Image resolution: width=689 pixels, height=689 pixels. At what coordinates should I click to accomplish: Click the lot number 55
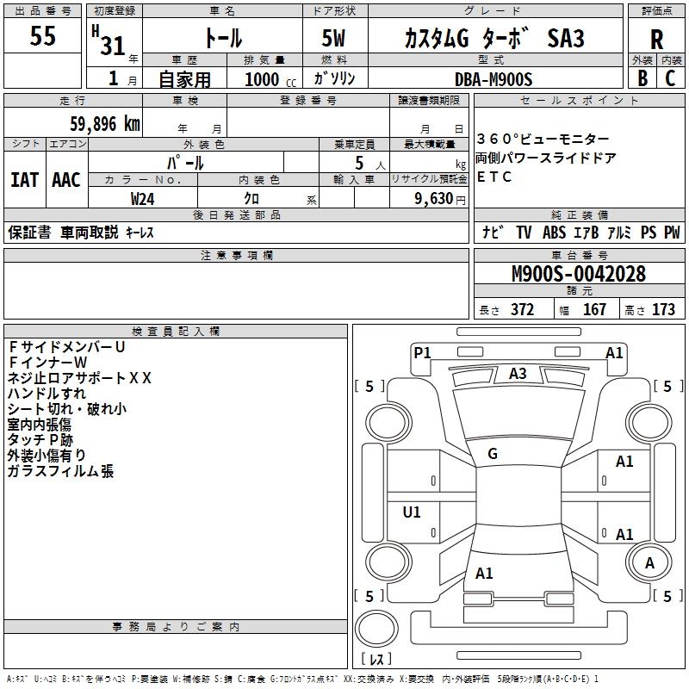pyautogui.click(x=42, y=35)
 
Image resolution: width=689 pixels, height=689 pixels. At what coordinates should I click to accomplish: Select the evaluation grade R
pyautogui.click(x=656, y=40)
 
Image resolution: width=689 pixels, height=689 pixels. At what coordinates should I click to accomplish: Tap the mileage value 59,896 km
pyautogui.click(x=105, y=124)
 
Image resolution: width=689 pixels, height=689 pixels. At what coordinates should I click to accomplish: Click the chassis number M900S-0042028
pyautogui.click(x=579, y=274)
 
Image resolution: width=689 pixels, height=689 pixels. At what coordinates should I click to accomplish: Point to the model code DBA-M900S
pyautogui.click(x=493, y=79)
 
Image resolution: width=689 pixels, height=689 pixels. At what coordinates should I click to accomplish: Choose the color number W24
pyautogui.click(x=142, y=199)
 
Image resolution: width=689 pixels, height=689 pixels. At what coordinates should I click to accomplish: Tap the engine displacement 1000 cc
pyautogui.click(x=270, y=79)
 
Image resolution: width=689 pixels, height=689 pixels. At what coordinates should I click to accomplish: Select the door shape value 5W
pyautogui.click(x=333, y=38)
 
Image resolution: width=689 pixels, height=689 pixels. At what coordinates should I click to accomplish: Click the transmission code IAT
pyautogui.click(x=25, y=180)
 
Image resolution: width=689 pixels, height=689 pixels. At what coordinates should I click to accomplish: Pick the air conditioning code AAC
pyautogui.click(x=66, y=180)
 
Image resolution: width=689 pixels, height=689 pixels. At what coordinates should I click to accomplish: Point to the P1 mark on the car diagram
pyautogui.click(x=422, y=352)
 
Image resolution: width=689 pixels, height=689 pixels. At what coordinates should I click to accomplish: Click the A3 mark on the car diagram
pyautogui.click(x=518, y=374)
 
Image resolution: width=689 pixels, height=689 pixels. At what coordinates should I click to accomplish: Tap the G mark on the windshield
pyautogui.click(x=493, y=454)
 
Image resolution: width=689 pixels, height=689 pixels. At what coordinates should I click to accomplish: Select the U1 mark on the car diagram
pyautogui.click(x=412, y=512)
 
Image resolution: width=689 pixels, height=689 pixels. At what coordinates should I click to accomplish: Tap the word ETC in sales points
pyautogui.click(x=493, y=177)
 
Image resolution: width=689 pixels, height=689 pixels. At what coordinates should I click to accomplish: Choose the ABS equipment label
pyautogui.click(x=554, y=233)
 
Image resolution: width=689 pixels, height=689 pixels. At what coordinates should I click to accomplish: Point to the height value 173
pyautogui.click(x=663, y=309)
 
